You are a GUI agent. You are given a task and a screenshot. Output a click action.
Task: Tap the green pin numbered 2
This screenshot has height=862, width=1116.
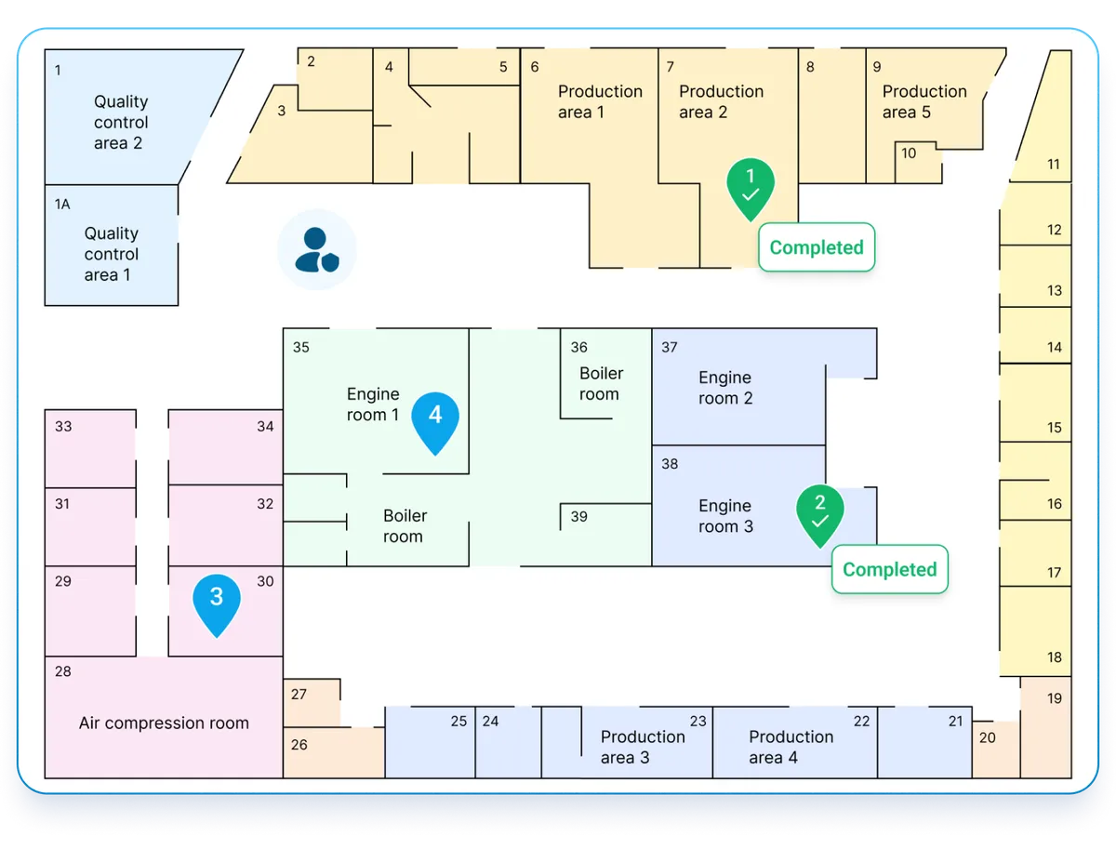(819, 512)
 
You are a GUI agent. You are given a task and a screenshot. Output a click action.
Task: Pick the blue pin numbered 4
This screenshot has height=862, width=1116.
(435, 420)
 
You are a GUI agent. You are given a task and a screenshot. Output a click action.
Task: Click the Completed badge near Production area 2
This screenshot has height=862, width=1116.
(817, 247)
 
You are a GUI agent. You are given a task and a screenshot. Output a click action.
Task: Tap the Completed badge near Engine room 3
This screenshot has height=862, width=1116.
(889, 569)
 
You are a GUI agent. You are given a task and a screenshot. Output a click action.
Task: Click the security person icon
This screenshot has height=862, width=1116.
(317, 249)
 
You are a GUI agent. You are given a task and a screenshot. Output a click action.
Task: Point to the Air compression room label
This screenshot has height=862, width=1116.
(164, 723)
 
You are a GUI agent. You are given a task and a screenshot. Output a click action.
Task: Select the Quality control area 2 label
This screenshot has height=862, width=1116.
(120, 122)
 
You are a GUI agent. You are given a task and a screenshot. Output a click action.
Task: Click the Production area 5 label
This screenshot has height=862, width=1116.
(923, 101)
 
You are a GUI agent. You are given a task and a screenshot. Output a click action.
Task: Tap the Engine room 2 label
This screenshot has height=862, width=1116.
(725, 388)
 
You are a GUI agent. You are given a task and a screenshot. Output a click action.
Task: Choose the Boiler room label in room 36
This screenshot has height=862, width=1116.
(601, 383)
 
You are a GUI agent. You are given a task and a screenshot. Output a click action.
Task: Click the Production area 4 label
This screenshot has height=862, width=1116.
(790, 747)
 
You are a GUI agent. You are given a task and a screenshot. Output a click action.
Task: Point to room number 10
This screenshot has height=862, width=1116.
(909, 153)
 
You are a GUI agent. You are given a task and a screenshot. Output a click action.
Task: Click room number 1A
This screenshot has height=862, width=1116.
(62, 204)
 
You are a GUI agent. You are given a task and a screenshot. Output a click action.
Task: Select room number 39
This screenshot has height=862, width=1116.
(579, 517)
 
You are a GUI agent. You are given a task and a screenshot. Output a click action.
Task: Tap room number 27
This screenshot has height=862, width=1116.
(299, 695)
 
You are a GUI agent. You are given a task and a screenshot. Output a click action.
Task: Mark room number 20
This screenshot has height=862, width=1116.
(988, 737)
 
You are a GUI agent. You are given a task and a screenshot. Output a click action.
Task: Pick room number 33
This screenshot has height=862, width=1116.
(63, 427)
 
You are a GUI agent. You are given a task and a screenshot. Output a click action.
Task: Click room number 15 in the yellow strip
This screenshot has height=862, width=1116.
(1054, 428)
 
